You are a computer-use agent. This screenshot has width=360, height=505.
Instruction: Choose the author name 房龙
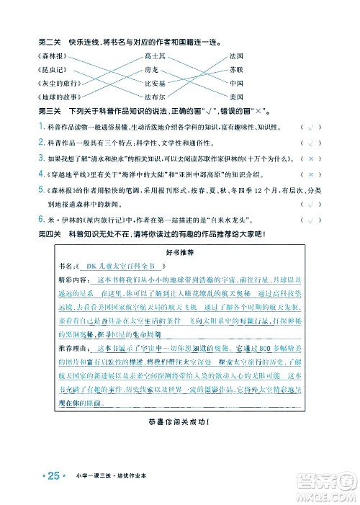coord(150,70)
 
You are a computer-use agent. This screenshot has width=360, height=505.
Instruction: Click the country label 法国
coord(236,56)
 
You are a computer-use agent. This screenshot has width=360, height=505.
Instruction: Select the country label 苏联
coord(236,70)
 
